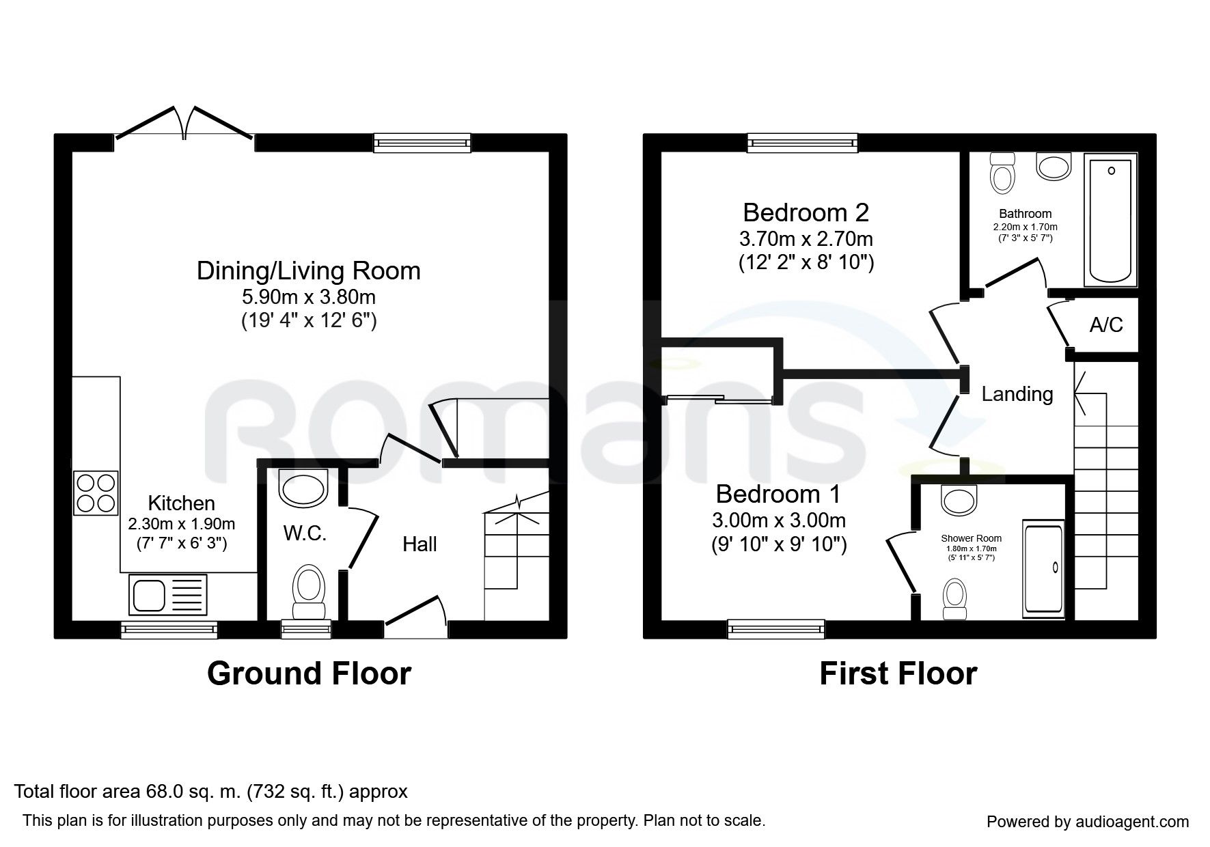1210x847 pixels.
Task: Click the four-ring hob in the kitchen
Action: [x=96, y=493]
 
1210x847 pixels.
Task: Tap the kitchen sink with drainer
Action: [x=167, y=594]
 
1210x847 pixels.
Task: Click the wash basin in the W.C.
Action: [x=304, y=488]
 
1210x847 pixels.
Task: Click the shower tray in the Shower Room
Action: [x=1043, y=567]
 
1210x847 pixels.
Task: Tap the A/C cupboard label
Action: [x=1106, y=325]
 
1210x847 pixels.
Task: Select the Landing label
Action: [x=1017, y=394]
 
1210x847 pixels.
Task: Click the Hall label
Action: [x=420, y=544]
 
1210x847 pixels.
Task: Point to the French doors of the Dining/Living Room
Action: [x=184, y=126]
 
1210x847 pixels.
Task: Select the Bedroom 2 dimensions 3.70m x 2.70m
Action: [x=806, y=239]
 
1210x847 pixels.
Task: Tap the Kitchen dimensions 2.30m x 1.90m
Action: [x=182, y=525]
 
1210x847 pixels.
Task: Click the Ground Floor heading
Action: [x=309, y=674]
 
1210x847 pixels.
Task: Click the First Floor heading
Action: [x=898, y=674]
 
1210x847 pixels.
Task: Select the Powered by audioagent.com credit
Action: [x=1088, y=822]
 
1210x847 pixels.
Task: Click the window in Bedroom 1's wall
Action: [x=776, y=628]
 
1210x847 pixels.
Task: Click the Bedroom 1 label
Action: [x=778, y=494]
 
